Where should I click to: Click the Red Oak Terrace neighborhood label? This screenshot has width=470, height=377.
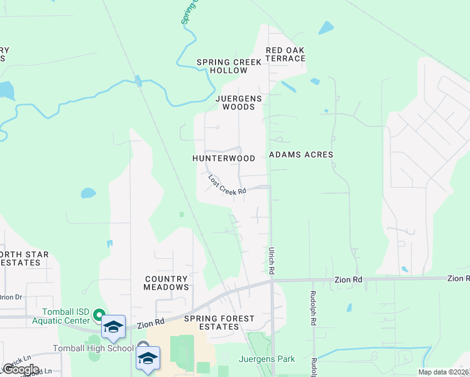pyautogui.click(x=285, y=54)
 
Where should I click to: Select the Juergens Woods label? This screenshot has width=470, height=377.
pyautogui.click(x=235, y=102)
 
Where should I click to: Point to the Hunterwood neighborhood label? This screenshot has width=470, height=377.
pyautogui.click(x=224, y=159)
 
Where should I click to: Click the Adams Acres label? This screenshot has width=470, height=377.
pyautogui.click(x=301, y=155)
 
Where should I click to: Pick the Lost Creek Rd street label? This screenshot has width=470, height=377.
pyautogui.click(x=226, y=184)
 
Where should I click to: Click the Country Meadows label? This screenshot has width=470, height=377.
pyautogui.click(x=166, y=283)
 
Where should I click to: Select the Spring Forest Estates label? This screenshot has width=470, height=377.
pyautogui.click(x=219, y=323)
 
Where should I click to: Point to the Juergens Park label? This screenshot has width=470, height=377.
pyautogui.click(x=267, y=359)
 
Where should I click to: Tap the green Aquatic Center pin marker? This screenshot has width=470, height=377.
pyautogui.click(x=99, y=314)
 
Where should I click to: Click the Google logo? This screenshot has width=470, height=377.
pyautogui.click(x=21, y=369)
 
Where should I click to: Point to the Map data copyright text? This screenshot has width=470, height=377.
pyautogui.click(x=444, y=372)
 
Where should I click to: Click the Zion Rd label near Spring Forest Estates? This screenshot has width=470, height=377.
pyautogui.click(x=151, y=322)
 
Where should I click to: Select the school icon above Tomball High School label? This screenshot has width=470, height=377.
pyautogui.click(x=113, y=327)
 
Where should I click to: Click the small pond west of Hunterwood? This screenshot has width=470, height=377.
pyautogui.click(x=89, y=193)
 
